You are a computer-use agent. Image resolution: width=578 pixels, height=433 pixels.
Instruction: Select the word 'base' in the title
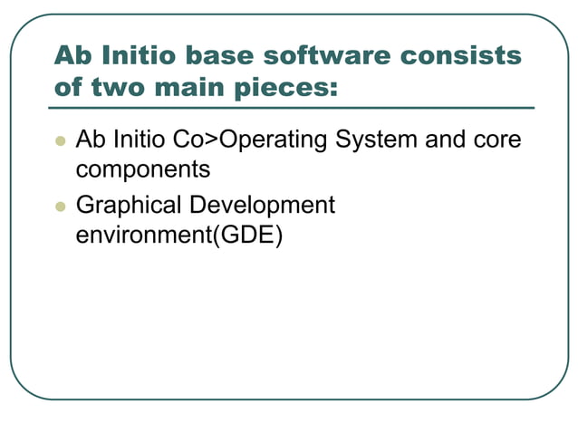[214, 55]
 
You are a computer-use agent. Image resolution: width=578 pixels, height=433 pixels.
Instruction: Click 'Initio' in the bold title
[139, 55]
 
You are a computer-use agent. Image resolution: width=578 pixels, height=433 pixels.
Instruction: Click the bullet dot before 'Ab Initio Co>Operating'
[61, 141]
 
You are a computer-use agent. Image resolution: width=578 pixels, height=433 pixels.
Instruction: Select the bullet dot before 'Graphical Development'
[61, 207]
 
